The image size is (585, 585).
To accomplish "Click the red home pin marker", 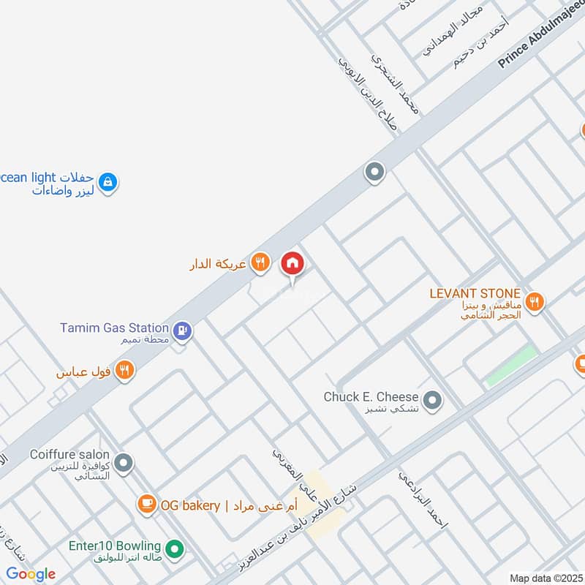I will (x=292, y=264).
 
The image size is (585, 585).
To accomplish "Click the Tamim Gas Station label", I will (x=115, y=328).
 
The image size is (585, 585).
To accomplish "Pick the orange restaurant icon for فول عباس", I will (x=124, y=371).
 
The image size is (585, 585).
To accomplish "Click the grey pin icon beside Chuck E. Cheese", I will (x=433, y=400).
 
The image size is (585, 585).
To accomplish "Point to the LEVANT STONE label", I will (x=475, y=293).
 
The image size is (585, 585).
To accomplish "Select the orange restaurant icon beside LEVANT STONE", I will (x=535, y=301).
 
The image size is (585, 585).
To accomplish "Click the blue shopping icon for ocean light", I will (x=107, y=181).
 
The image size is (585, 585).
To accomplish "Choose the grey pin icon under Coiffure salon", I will (x=124, y=463).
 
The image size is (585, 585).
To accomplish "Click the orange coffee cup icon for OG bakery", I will (x=147, y=504).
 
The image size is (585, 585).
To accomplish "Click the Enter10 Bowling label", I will (x=115, y=546).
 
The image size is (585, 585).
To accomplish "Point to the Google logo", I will (x=31, y=574).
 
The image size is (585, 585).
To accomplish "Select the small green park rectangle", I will (x=511, y=366).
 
